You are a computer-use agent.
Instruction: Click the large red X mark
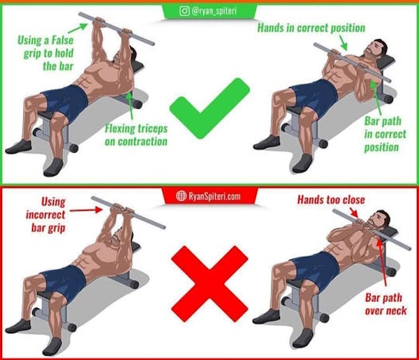[209, 284]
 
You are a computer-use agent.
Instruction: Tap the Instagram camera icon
[184, 11]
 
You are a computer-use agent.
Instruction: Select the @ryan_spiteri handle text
[214, 11]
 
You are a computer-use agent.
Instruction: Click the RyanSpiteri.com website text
[214, 197]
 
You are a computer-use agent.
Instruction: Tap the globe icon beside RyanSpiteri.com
[181, 196]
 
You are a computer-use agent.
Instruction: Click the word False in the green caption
[62, 40]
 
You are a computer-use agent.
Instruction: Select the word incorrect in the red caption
[45, 215]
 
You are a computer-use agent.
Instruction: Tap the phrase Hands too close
[331, 200]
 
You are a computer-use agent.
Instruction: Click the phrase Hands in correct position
[311, 28]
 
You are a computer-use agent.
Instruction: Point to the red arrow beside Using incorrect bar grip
[86, 210]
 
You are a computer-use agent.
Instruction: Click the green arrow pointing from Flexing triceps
[130, 105]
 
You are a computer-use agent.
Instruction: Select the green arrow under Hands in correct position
[343, 43]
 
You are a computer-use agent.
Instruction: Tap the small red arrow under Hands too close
[353, 213]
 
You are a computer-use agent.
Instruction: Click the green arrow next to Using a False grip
[78, 28]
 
